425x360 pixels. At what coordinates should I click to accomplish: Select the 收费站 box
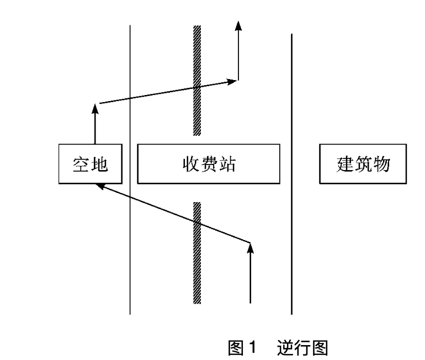[x=209, y=164]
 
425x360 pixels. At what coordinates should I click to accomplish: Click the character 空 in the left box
[x=81, y=164]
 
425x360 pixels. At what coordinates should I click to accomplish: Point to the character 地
[x=99, y=164]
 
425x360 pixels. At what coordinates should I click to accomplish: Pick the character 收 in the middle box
[x=191, y=164]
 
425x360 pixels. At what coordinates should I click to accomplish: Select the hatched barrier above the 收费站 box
[x=196, y=80]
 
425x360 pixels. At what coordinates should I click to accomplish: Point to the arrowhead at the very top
[x=238, y=25]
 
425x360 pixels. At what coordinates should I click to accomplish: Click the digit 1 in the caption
[x=253, y=348]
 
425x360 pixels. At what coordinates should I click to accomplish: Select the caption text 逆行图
[x=304, y=348]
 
